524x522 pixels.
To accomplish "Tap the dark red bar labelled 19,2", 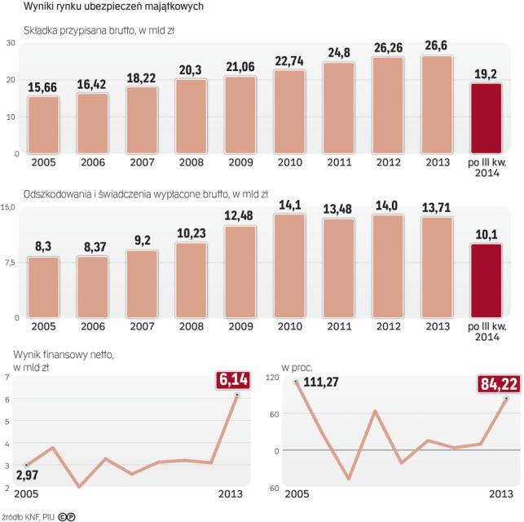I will point(487,118).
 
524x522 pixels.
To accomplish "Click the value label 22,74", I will point(290,59).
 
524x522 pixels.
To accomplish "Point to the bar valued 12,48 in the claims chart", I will point(240,271).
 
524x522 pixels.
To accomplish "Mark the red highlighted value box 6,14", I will point(236,378).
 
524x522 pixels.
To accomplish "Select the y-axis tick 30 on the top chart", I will point(11,43).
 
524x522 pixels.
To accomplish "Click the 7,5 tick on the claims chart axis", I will point(10,262).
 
